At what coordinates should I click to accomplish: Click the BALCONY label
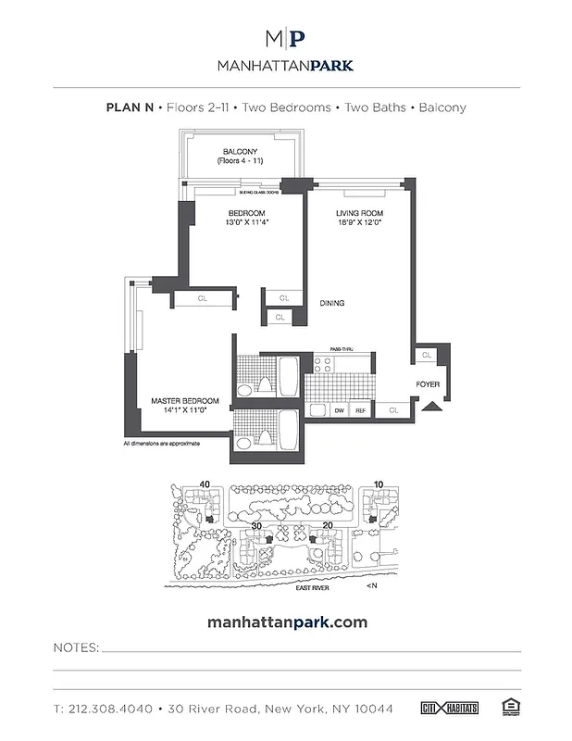[240, 152]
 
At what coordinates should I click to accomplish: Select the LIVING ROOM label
[360, 213]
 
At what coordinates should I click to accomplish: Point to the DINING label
[333, 303]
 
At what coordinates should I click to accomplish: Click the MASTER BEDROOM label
[185, 401]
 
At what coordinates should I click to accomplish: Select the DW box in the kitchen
[340, 409]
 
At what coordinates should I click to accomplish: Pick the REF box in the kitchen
[361, 409]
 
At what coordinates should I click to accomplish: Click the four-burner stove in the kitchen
[317, 409]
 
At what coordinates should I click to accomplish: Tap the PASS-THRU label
[330, 348]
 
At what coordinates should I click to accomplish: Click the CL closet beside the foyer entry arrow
[393, 408]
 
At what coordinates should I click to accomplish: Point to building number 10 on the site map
[379, 484]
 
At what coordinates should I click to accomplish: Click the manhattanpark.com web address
[285, 622]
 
